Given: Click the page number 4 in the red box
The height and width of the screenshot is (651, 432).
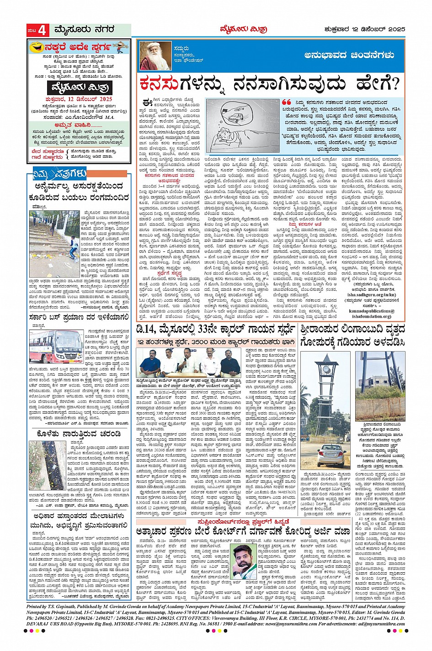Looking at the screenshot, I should click(x=43, y=31).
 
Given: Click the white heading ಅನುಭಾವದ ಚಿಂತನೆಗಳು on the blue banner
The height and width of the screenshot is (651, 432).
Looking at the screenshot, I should click(x=349, y=55).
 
